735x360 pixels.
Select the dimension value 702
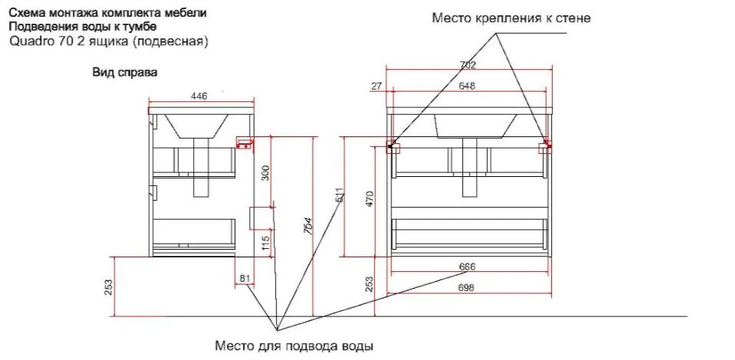468,64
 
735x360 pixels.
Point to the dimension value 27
376,87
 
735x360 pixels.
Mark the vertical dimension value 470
369,199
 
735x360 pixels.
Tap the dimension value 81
245,278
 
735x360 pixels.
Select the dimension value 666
468,267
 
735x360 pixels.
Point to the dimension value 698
468,288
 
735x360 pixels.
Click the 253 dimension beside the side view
109,286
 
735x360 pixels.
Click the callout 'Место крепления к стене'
511,18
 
